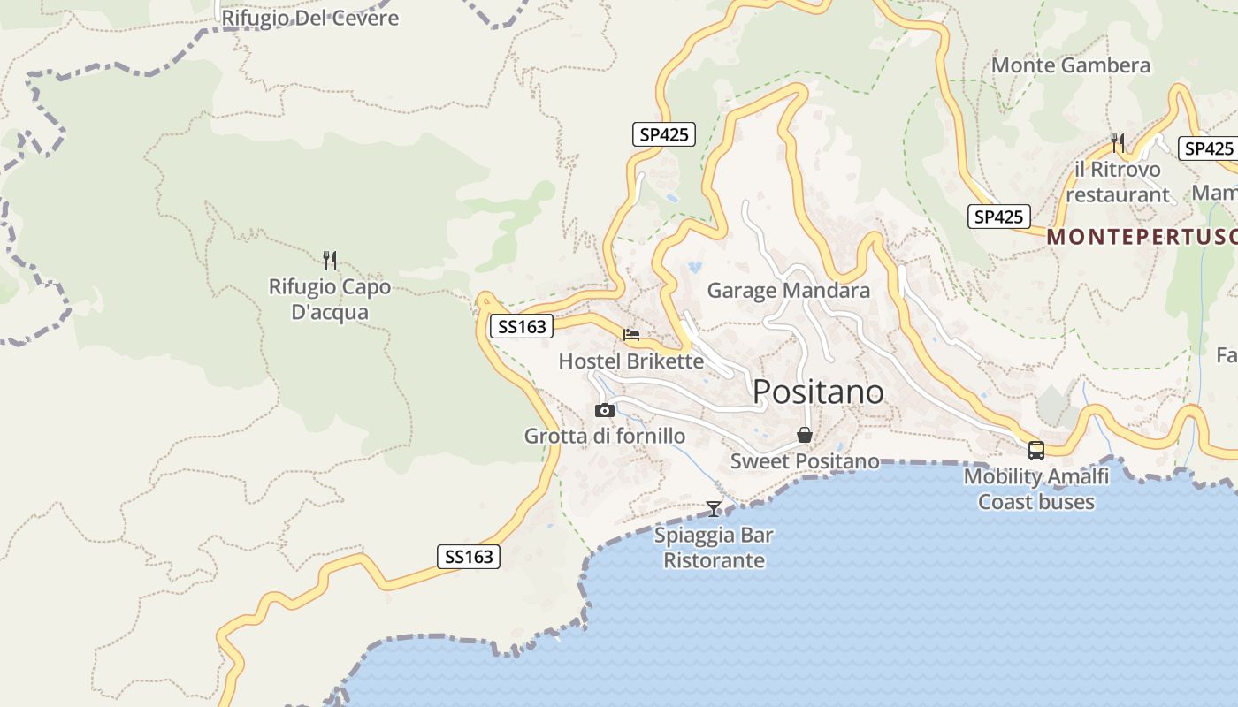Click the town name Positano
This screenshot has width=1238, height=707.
818,392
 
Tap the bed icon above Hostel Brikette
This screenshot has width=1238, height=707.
631,335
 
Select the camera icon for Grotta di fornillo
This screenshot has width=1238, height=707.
605,410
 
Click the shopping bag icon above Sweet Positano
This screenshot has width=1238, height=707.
805,435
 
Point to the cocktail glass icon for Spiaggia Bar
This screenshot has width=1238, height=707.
714,508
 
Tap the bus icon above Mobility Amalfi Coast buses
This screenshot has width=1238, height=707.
1036,451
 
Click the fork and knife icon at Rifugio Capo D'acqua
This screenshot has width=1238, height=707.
330,260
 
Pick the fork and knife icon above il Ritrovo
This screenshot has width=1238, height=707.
1118,142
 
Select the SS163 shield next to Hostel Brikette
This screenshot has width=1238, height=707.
522,327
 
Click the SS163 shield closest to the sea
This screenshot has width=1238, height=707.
469,557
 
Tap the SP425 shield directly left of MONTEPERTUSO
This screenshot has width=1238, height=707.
999,217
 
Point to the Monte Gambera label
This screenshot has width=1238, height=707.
1071,65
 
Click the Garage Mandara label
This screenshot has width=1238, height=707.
789,290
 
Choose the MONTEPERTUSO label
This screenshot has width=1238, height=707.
1142,237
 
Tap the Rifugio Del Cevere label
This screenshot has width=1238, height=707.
309,18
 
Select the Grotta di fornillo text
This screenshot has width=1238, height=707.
605,436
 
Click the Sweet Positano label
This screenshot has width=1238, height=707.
805,461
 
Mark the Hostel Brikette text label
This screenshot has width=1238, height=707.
631,361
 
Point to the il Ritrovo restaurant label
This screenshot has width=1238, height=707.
1118,182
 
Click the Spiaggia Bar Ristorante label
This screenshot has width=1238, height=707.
714,548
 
